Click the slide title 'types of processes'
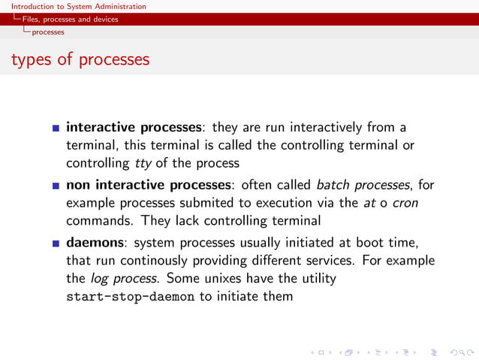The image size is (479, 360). pyautogui.click(x=80, y=59)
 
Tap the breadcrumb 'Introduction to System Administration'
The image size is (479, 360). pyautogui.click(x=79, y=6)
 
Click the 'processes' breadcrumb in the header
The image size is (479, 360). pyautogui.click(x=47, y=32)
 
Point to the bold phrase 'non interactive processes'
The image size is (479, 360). pyautogui.click(x=146, y=184)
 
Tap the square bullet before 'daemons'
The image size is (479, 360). pyautogui.click(x=56, y=243)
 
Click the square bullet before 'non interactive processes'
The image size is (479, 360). pyautogui.click(x=56, y=185)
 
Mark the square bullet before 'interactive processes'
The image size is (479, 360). pyautogui.click(x=56, y=128)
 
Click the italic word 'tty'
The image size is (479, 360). pyautogui.click(x=143, y=163)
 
